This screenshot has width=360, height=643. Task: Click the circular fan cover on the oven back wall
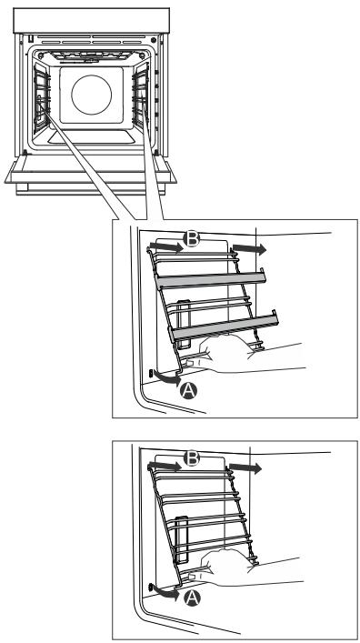[92, 95]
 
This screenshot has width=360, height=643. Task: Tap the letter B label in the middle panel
[191, 238]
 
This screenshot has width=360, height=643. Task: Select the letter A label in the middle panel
[188, 391]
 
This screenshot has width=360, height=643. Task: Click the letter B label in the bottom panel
[191, 458]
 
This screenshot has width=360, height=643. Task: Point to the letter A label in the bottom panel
[192, 598]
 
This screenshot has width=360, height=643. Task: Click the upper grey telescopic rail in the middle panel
[209, 280]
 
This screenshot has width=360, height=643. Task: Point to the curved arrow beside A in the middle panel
[166, 378]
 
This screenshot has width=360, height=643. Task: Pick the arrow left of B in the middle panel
[167, 246]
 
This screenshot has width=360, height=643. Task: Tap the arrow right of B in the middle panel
[249, 248]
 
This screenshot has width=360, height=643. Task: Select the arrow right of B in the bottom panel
[245, 467]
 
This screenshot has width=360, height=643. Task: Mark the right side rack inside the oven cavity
[140, 97]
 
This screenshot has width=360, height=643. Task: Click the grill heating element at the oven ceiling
[91, 56]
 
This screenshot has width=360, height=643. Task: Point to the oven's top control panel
[92, 21]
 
